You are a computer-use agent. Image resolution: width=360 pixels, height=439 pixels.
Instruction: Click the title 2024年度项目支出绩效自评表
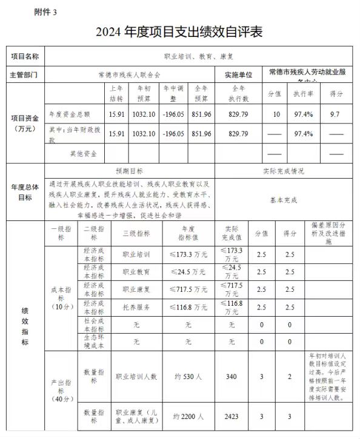[x=179, y=32]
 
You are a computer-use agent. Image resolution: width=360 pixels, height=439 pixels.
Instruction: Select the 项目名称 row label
[x=25, y=56]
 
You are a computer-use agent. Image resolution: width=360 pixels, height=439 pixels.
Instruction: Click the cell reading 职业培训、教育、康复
[x=199, y=56]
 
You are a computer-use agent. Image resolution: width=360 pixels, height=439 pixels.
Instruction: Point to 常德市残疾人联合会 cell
[x=129, y=75]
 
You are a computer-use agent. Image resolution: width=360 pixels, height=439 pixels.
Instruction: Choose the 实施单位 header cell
[x=239, y=75]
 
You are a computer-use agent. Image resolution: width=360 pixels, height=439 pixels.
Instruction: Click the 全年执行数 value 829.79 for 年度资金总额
[x=239, y=114]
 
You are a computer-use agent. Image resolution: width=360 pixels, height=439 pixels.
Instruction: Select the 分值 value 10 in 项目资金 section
[x=276, y=114]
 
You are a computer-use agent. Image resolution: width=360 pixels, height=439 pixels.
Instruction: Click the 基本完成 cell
[x=283, y=199]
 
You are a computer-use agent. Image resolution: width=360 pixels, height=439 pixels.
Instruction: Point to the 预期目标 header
[x=129, y=171]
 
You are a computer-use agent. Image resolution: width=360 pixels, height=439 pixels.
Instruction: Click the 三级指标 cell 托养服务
[x=136, y=308]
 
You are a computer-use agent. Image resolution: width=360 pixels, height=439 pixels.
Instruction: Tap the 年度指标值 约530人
[x=188, y=376]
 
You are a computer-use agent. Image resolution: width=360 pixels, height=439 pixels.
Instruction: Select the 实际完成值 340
[x=231, y=376]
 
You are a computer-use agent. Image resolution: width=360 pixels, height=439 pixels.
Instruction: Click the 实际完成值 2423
[x=231, y=417]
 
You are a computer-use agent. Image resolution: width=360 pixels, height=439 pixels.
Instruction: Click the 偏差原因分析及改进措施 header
[x=328, y=233]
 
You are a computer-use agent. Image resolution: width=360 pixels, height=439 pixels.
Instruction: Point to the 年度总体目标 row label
[x=25, y=193]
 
